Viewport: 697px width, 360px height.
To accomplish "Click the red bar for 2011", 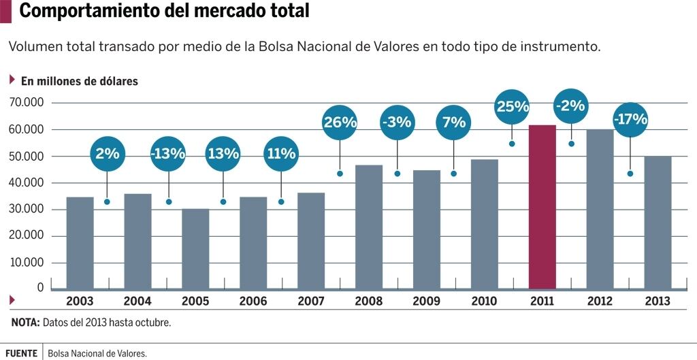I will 542,207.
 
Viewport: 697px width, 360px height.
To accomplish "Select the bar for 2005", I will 195,248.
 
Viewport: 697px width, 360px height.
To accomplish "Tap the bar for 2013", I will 658,222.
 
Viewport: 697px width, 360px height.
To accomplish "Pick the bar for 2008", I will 369,227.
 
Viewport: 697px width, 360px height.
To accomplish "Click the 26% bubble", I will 340,122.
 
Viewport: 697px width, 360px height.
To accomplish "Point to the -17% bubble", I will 630,119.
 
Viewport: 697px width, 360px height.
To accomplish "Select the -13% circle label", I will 168,153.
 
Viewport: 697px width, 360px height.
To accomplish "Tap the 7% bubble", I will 454,122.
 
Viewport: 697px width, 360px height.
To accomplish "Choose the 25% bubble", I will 513,106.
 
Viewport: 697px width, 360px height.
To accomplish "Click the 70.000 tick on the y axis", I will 27,103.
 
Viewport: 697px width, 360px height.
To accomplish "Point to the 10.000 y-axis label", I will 27,263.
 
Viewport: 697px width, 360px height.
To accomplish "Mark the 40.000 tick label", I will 27,183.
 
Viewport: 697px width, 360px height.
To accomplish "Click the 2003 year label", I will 80,301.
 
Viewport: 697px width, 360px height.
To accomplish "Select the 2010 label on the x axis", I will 484,301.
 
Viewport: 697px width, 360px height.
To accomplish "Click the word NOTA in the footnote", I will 25,323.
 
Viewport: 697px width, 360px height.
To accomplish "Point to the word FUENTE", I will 21,353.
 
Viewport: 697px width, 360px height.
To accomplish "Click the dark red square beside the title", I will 5,11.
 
